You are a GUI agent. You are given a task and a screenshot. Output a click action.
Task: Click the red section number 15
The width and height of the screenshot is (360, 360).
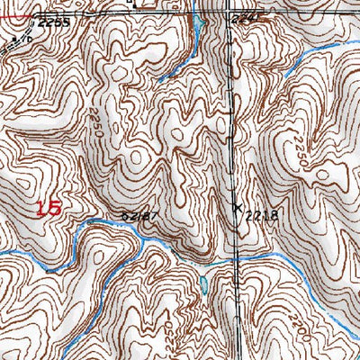pyautogui.click(x=50, y=209)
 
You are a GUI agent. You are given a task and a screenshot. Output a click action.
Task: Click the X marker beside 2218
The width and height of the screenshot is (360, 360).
pyautogui.click(x=238, y=207)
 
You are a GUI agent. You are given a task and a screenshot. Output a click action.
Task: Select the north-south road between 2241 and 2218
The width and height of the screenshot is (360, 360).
pyautogui.click(x=235, y=117)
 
